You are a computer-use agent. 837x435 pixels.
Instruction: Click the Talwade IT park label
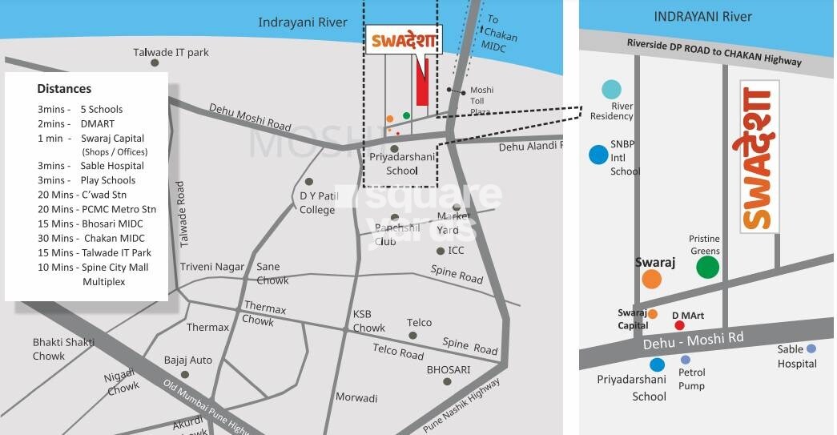(x=171, y=53)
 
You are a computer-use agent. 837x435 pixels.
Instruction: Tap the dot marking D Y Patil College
(x=309, y=181)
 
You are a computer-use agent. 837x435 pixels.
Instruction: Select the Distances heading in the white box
(x=64, y=89)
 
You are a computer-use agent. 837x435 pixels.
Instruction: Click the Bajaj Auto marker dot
(x=185, y=374)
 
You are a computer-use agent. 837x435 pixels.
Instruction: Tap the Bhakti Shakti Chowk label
(x=60, y=349)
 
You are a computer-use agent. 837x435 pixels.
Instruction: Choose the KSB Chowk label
(x=369, y=320)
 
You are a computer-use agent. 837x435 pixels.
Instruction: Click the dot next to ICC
(x=441, y=251)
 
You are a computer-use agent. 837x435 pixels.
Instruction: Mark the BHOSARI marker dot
(x=447, y=381)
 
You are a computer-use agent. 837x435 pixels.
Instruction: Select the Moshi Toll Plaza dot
(x=450, y=90)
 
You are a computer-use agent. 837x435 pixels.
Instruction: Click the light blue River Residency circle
(x=612, y=89)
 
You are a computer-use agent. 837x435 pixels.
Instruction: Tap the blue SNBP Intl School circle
(x=598, y=155)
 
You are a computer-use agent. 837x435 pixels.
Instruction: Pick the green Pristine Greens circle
(x=707, y=268)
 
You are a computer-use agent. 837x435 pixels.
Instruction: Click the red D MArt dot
(x=679, y=325)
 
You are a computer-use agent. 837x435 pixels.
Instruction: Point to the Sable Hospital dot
(x=811, y=348)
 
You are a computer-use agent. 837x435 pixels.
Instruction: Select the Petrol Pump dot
(x=686, y=360)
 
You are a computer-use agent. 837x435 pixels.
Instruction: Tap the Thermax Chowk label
(x=264, y=313)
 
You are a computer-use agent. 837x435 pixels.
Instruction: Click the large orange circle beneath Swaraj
(x=651, y=279)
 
